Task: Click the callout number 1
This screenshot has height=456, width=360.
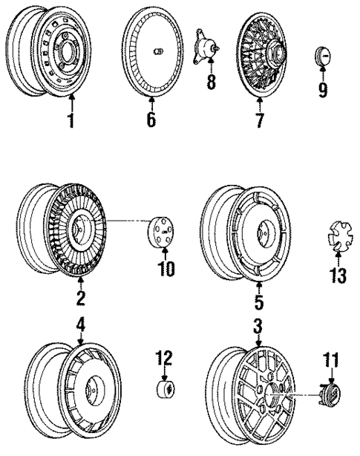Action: coord(71,120)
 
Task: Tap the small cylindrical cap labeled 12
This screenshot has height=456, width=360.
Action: coord(164,391)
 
